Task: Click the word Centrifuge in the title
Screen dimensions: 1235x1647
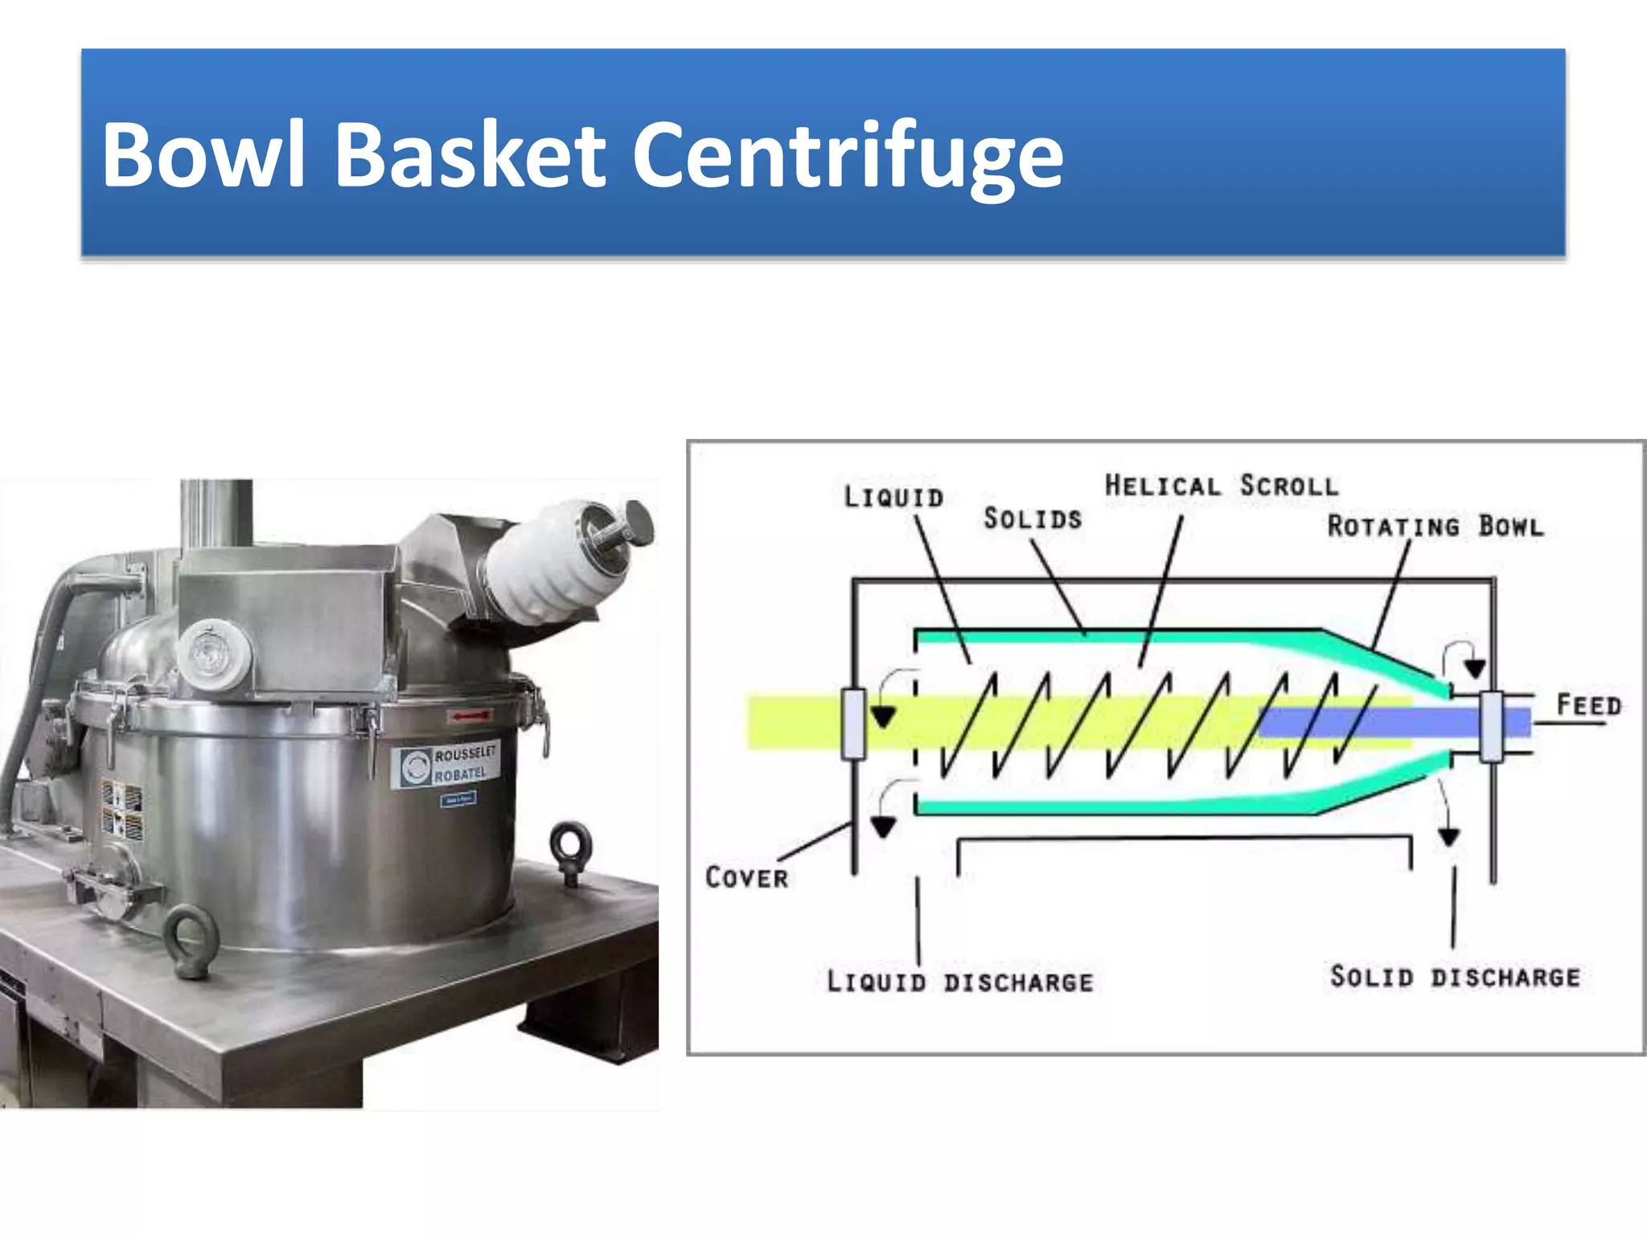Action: click(848, 155)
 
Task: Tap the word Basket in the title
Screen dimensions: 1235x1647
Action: click(470, 155)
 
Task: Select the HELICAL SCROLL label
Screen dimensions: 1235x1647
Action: click(1221, 486)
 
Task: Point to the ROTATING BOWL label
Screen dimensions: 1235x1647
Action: click(1435, 527)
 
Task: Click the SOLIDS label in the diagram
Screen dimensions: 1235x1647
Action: click(1033, 519)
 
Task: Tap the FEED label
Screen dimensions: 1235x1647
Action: click(1588, 705)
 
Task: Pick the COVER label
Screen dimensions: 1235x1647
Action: click(746, 877)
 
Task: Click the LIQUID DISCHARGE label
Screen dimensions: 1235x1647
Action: click(960, 982)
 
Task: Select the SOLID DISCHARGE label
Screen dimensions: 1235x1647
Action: click(1455, 977)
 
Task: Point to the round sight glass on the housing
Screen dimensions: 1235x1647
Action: click(213, 654)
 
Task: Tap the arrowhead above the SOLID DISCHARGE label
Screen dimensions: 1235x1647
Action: click(1449, 838)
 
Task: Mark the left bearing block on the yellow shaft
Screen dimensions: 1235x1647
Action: click(853, 724)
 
